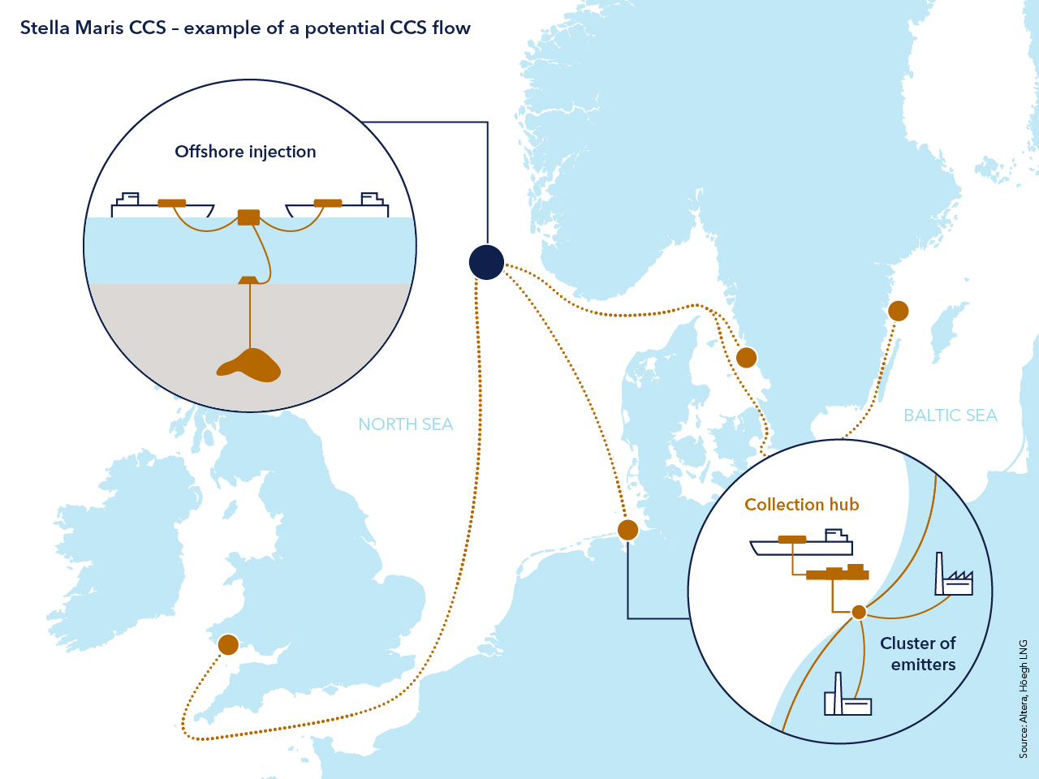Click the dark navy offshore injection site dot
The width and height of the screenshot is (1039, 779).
click(x=486, y=262)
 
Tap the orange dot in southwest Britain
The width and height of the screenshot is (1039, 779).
click(x=228, y=644)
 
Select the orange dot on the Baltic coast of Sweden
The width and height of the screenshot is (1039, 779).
click(x=898, y=311)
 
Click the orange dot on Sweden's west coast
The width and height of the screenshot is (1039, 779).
click(x=746, y=357)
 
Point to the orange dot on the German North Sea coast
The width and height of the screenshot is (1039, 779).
click(x=627, y=530)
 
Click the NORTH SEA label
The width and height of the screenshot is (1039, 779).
click(x=405, y=424)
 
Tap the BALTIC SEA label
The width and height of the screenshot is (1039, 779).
click(x=950, y=415)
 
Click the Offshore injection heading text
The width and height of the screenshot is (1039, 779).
click(x=245, y=152)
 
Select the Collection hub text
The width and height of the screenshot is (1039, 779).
click(x=801, y=505)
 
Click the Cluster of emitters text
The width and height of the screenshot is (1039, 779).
click(x=919, y=654)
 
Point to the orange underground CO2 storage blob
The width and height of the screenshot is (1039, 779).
click(x=249, y=366)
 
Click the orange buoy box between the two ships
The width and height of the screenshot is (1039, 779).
click(x=248, y=217)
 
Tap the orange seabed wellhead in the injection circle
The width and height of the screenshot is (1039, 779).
click(x=248, y=280)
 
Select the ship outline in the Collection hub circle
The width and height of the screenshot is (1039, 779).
click(x=801, y=544)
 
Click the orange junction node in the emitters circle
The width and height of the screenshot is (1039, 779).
click(x=859, y=612)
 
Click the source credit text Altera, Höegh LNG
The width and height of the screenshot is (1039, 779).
click(x=1024, y=698)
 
